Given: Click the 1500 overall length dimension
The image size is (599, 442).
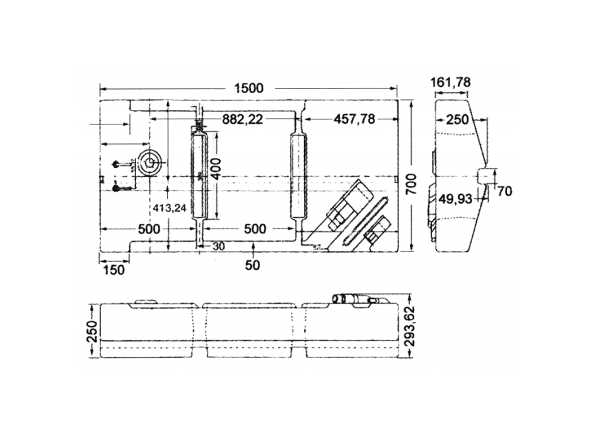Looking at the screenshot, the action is [x=248, y=88].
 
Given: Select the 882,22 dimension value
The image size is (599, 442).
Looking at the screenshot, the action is [x=243, y=119].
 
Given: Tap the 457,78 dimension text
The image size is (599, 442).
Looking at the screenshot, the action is [x=354, y=119].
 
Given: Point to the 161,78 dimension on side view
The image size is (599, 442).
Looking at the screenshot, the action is [x=450, y=82].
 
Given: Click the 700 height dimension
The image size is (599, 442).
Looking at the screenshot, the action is [x=411, y=184].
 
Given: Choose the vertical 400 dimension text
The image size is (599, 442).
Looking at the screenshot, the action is [x=216, y=169].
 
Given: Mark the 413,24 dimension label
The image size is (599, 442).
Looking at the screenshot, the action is [x=169, y=208].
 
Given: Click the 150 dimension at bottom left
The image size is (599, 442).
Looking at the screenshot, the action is [x=114, y=270].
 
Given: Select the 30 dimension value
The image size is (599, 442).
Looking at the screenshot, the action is [x=218, y=246].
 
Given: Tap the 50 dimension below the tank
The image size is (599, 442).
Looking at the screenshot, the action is [x=252, y=265].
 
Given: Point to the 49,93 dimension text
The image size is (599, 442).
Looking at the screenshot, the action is [x=455, y=199].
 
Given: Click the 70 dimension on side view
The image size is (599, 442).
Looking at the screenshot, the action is [x=504, y=191].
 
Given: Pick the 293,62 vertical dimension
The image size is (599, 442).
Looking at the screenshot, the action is [x=410, y=326].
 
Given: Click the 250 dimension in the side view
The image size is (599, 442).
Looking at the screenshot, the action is [x=457, y=120].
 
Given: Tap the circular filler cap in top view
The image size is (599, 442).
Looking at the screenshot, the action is [x=149, y=163].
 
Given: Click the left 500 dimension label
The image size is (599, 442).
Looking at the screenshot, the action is [x=149, y=229].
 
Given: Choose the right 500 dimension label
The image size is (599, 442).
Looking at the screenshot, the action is [x=255, y=229].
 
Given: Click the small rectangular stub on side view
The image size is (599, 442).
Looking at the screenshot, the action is [x=487, y=177].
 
